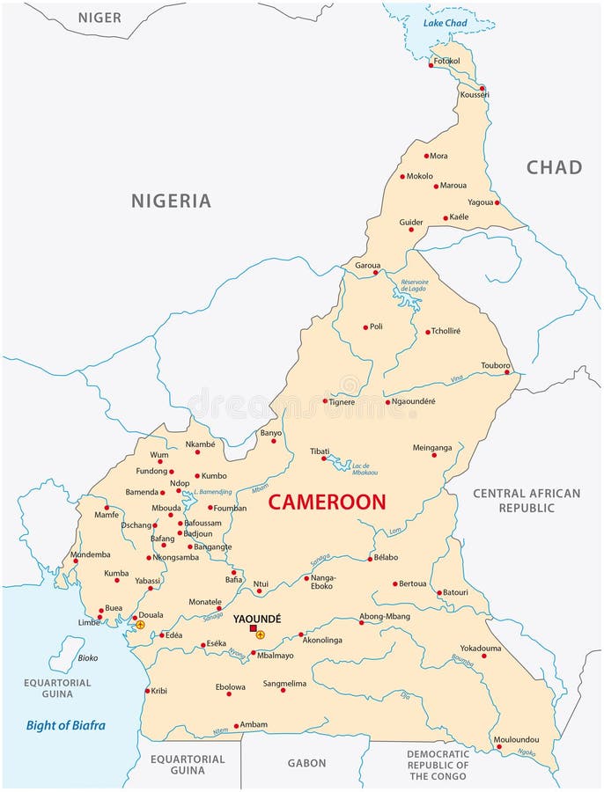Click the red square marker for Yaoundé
(x=254, y=628)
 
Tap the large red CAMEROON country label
(x=327, y=502)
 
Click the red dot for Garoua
(x=376, y=272)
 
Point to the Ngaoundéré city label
(x=414, y=401)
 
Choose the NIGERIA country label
(x=171, y=201)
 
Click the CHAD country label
(x=554, y=167)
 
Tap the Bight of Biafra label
(x=65, y=725)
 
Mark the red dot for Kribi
(x=147, y=691)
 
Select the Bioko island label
(x=88, y=657)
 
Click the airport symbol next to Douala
(x=140, y=625)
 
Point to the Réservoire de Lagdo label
(x=413, y=287)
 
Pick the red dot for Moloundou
(x=499, y=747)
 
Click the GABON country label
(x=306, y=763)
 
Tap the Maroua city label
(x=453, y=186)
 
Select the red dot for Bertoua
(x=395, y=583)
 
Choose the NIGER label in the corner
(x=99, y=17)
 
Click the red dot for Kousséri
(x=482, y=88)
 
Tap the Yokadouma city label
(x=481, y=648)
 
